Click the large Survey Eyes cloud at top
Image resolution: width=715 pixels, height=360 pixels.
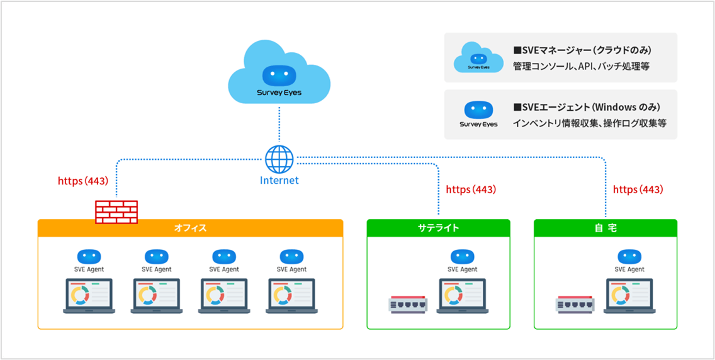pos(279,74)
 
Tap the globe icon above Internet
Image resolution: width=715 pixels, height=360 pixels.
pos(279,159)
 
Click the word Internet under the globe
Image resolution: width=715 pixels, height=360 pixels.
pos(279,181)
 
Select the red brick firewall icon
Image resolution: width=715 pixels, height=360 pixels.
pos(116,211)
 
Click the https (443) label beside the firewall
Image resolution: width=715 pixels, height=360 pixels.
pos(83,181)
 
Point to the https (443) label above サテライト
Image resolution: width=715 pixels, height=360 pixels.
pos(471,189)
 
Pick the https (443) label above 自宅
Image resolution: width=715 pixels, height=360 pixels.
pos(638,189)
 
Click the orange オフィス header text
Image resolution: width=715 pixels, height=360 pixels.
pos(190,228)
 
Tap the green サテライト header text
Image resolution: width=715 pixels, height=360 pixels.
pos(438,228)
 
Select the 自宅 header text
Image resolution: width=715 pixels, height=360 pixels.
pos(605,228)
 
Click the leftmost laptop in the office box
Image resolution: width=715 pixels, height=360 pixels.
pos(89,296)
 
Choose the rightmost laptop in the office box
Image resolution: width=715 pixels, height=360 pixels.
pos(291,296)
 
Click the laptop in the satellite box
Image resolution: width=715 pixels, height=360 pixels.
pos(463,296)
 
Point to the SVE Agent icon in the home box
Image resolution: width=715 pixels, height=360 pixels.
pos(629,257)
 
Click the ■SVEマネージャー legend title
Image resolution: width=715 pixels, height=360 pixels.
pos(582,50)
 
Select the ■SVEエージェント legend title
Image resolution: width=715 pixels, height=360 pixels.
pos(585,107)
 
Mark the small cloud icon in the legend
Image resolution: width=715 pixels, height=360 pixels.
pos(479,57)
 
